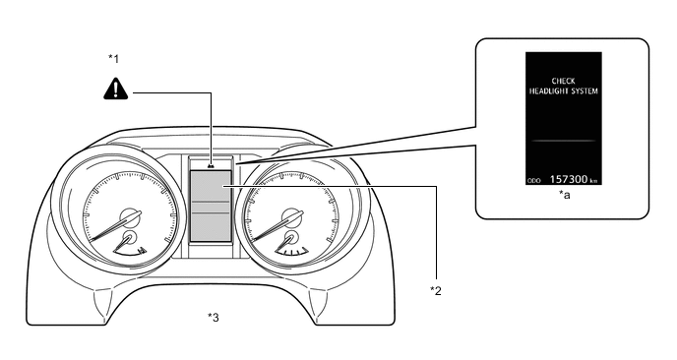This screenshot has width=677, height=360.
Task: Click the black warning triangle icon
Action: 116,89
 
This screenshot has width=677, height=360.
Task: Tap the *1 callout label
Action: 113,58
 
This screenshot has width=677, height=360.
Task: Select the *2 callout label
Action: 436,291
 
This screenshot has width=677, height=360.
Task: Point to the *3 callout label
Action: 214,318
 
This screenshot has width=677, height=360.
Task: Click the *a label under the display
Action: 565,195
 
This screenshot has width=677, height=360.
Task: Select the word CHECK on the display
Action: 564,81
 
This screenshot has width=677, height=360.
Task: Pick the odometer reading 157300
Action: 568,179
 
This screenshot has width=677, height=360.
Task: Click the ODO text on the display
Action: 534,180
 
